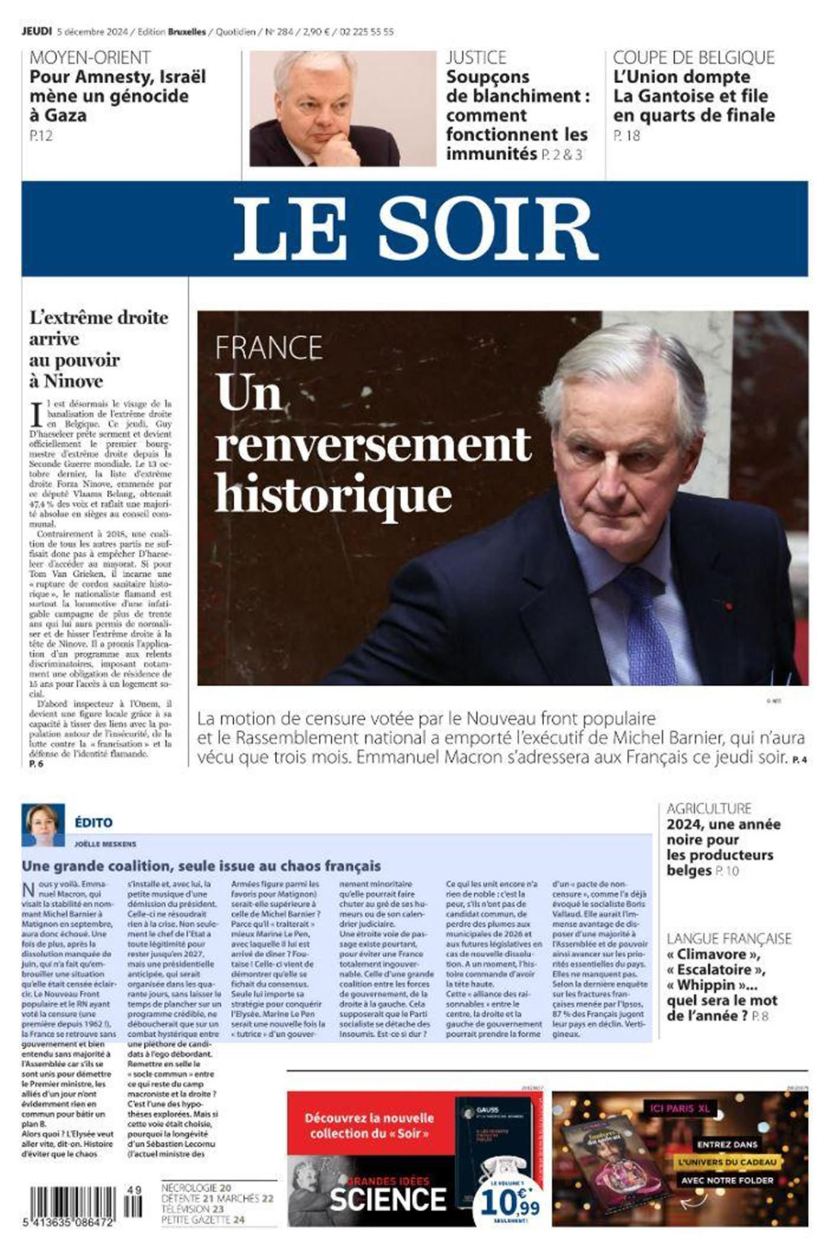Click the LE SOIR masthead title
[415, 229]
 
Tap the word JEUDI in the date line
[37, 31]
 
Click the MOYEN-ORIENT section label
[90, 58]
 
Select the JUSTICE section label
[476, 58]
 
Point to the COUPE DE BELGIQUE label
[693, 58]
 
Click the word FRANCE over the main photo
[268, 347]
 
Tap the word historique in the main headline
[333, 494]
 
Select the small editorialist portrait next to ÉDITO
[43, 825]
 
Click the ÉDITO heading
[93, 822]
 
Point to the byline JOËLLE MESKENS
[105, 844]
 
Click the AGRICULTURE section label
[709, 808]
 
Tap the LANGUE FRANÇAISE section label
[728, 938]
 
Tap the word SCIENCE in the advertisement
[388, 1199]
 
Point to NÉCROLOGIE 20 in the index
[196, 1188]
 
